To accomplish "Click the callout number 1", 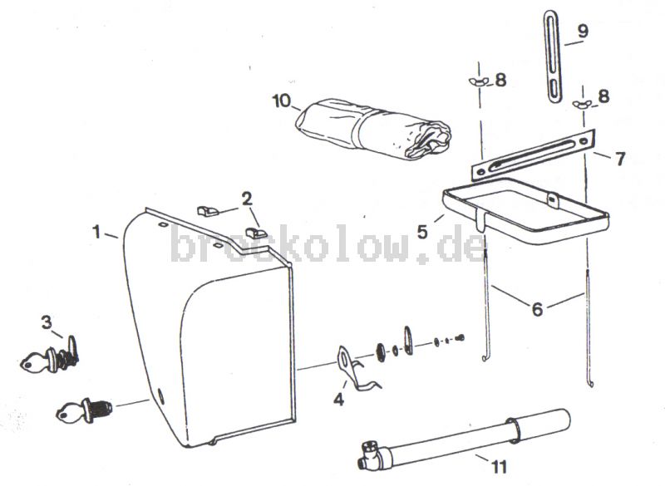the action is (x=97, y=232).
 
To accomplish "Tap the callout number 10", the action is (x=281, y=101).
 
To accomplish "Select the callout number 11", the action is (x=500, y=467).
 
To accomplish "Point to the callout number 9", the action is (x=583, y=31).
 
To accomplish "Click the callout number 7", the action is (x=620, y=159).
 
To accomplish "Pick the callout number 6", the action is (x=537, y=309).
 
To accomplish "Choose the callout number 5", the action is (x=422, y=232).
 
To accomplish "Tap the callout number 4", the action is (x=338, y=399).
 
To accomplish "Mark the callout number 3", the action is (x=47, y=322).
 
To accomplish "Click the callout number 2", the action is (x=247, y=199).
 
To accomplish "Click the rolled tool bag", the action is (x=373, y=130).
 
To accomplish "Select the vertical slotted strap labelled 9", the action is (x=553, y=56).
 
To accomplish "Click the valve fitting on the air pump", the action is (x=370, y=455).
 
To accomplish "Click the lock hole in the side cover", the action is (x=160, y=395).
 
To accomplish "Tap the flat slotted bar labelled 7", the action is (x=534, y=155).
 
